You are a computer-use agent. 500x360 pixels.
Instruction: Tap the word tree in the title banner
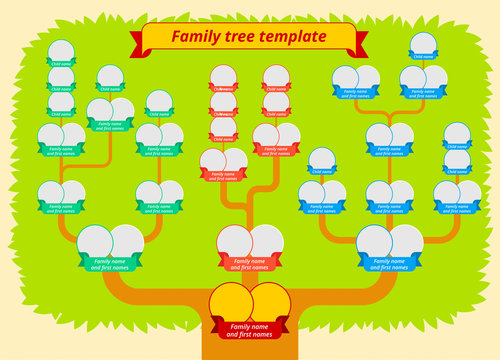[238, 37]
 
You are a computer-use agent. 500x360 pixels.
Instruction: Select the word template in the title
[291, 37]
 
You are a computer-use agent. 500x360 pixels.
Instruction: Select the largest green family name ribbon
[110, 263]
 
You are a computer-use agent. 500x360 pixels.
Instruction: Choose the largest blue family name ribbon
[389, 263]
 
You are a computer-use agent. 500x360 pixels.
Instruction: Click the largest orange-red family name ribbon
[249, 263]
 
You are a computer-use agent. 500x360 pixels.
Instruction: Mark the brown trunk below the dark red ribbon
[250, 350]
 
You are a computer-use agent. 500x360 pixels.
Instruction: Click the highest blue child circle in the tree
[423, 43]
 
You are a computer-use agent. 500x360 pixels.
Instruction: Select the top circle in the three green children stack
[61, 51]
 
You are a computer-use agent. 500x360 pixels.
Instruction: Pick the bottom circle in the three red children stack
[223, 125]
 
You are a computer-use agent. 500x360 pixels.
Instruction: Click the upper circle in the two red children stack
[276, 76]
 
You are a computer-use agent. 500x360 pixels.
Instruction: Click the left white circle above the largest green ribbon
[94, 240]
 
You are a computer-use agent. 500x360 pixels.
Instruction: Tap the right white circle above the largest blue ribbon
[406, 240]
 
